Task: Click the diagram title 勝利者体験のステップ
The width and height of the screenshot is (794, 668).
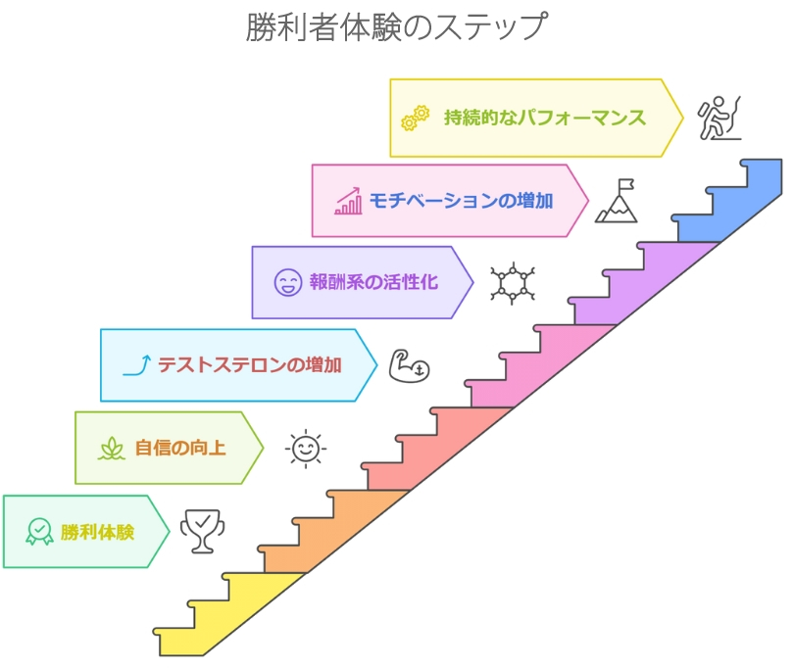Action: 396,26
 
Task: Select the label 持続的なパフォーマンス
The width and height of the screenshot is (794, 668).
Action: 544,118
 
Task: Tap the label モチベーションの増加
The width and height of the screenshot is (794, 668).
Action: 461,201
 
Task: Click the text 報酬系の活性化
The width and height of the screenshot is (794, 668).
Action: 373,282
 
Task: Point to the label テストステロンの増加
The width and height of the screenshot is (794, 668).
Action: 250,365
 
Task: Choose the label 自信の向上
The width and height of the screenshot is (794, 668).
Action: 179,449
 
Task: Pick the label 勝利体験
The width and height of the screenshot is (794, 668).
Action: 97,532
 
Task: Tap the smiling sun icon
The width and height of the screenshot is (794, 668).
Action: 305,449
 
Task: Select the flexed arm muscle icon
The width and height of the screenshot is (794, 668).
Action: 409,365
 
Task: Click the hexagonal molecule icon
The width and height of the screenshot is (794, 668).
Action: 512,283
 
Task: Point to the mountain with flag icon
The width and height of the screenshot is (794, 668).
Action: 617,201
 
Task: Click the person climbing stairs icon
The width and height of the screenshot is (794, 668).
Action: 717,118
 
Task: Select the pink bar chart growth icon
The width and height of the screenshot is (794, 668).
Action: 348,202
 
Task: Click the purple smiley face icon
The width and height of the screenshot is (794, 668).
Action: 287,283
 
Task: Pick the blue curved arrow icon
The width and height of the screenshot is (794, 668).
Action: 135,365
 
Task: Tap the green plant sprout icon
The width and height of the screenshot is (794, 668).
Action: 111,449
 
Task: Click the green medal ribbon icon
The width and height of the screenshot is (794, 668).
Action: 39,532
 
